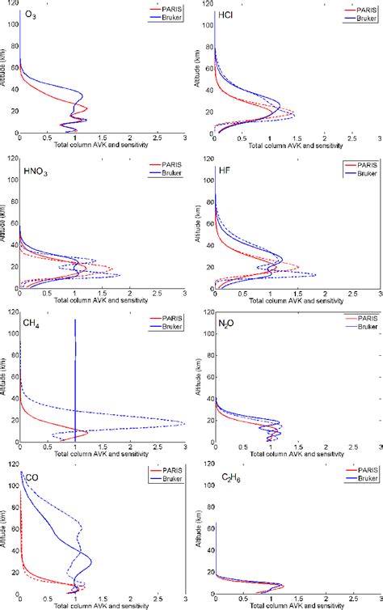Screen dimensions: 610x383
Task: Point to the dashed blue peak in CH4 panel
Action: tap(183, 423)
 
